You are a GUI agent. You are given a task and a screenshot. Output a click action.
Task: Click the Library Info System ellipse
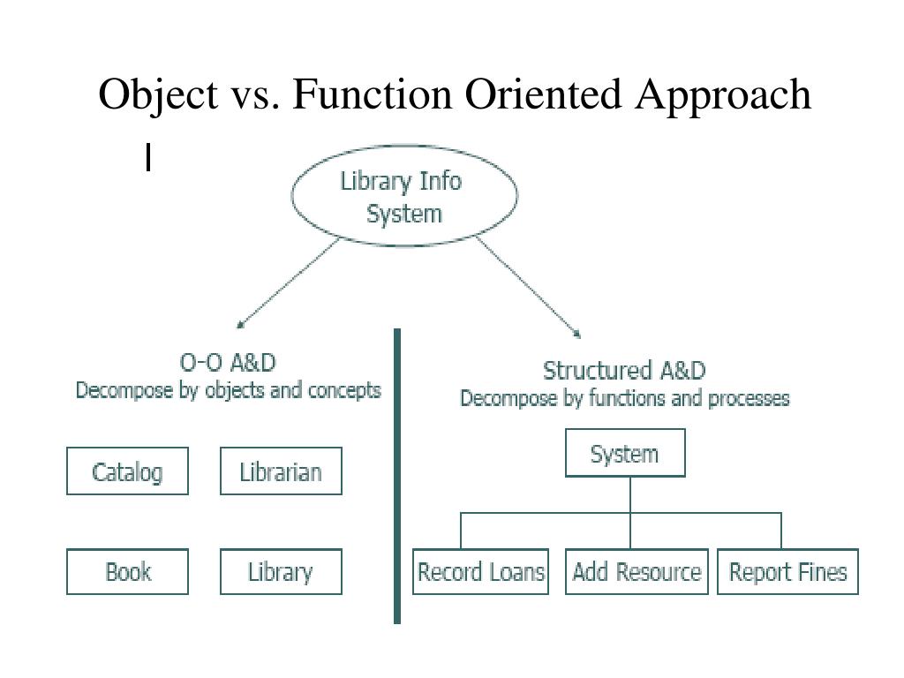(404, 197)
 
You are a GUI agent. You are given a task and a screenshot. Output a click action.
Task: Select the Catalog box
(127, 471)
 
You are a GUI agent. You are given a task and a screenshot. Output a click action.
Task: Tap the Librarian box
(281, 471)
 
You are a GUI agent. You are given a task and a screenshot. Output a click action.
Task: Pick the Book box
(127, 572)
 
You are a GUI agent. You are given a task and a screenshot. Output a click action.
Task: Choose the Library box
(281, 572)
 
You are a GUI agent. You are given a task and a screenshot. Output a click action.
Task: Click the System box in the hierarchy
(625, 454)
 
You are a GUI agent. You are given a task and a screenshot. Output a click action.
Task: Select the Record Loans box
(480, 572)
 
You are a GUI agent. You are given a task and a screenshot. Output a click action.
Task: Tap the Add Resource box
(637, 572)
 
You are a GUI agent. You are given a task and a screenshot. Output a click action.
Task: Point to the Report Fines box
(787, 572)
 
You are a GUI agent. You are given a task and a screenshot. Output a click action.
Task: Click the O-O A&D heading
(228, 363)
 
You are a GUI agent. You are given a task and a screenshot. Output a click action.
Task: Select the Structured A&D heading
(624, 371)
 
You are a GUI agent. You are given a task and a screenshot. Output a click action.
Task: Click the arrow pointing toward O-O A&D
(287, 285)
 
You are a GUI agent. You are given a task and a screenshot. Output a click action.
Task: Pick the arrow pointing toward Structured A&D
(528, 288)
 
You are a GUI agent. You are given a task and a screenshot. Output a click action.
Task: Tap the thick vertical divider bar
(397, 477)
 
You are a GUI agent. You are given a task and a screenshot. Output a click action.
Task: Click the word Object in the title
(157, 94)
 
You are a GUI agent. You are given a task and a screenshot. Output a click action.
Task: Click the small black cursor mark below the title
(149, 157)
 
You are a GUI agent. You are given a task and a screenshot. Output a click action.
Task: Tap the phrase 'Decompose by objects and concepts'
(228, 390)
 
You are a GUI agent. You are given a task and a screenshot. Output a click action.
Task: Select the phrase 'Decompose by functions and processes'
(624, 398)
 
